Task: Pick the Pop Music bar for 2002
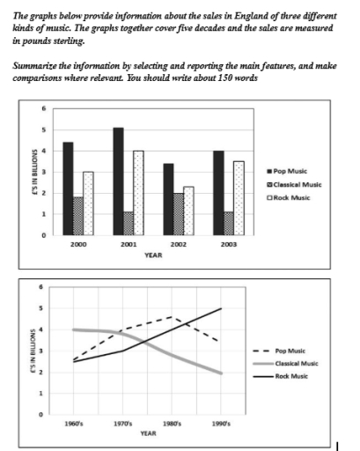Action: [169, 199]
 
